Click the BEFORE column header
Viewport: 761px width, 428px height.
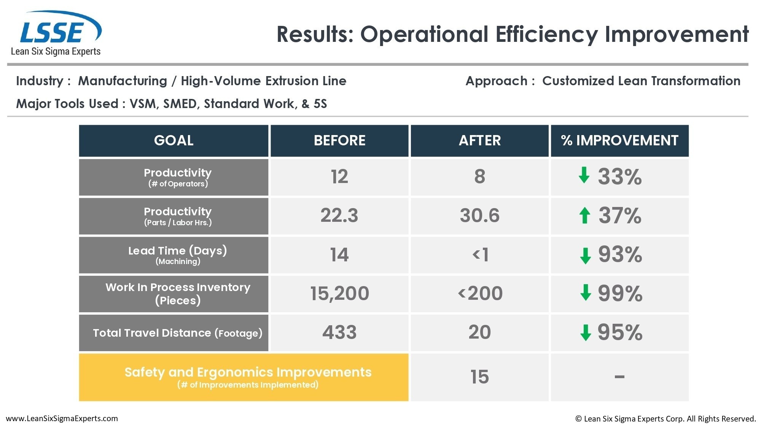339,140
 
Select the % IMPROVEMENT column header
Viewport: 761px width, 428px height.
619,140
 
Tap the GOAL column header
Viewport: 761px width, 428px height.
174,140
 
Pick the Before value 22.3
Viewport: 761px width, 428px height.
339,215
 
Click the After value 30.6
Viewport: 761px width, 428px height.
479,215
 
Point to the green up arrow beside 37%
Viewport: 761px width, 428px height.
585,215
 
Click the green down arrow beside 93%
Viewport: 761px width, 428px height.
585,255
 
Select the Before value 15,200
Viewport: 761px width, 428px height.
339,293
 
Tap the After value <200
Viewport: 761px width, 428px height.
480,293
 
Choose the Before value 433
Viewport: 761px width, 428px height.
339,332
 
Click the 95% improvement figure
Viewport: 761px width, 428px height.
620,332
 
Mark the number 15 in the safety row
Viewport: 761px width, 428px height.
479,377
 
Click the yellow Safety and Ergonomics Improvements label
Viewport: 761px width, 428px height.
248,377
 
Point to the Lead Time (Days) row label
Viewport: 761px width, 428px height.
178,255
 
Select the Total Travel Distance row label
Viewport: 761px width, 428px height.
178,333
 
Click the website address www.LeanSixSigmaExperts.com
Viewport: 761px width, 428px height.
62,418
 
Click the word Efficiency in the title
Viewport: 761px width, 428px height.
546,34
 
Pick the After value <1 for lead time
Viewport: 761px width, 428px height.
480,255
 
